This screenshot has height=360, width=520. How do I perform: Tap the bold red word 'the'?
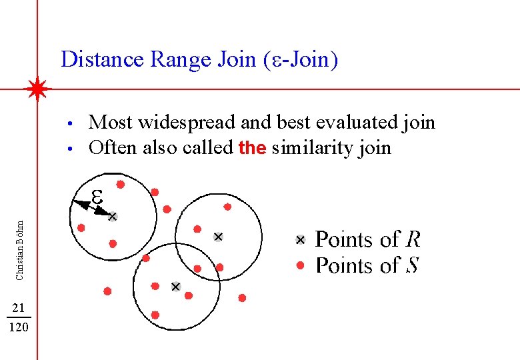[x=252, y=147]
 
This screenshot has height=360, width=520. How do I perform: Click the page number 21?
[x=19, y=307]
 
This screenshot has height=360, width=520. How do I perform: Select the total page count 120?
[x=19, y=327]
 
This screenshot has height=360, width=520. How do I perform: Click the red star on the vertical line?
[x=37, y=89]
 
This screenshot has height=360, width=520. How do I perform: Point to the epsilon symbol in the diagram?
[x=97, y=196]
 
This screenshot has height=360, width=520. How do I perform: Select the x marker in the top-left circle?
[x=113, y=216]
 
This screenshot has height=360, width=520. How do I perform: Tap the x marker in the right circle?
[x=217, y=237]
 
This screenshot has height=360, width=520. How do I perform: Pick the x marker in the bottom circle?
[x=175, y=287]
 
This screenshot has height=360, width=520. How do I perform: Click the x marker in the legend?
[x=300, y=240]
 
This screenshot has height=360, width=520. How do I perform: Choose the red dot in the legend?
[x=300, y=265]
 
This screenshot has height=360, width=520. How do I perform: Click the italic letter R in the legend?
[x=413, y=239]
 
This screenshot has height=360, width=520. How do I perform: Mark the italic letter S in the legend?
[x=412, y=265]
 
